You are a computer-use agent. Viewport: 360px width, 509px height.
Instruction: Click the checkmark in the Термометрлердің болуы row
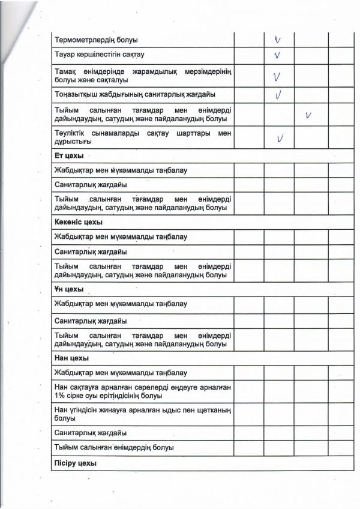pyautogui.click(x=278, y=40)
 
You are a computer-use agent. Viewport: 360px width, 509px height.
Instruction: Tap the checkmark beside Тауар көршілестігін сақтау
pyautogui.click(x=278, y=56)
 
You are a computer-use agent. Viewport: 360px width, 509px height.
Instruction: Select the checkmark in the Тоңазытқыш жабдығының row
pyautogui.click(x=278, y=95)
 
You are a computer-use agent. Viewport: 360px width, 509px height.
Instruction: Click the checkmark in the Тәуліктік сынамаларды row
pyautogui.click(x=280, y=139)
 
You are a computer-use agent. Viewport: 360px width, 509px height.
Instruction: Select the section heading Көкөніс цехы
pyautogui.click(x=74, y=223)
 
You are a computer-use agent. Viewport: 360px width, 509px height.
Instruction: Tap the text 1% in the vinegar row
pyautogui.click(x=60, y=396)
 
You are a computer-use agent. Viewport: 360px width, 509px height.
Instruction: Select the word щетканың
pyautogui.click(x=211, y=409)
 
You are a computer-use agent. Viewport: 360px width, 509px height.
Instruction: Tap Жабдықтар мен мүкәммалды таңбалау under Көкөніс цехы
pyautogui.click(x=121, y=236)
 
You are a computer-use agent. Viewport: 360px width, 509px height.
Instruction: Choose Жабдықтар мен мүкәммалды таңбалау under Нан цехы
pyautogui.click(x=121, y=373)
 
